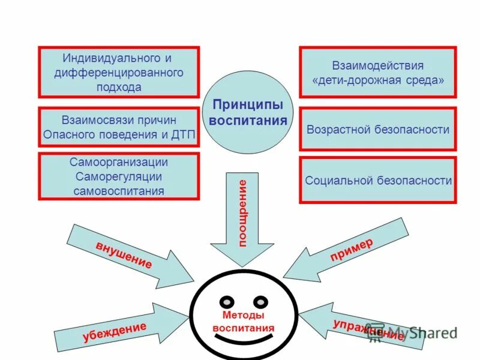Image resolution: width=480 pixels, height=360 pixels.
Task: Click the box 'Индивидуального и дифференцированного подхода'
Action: click(119, 72)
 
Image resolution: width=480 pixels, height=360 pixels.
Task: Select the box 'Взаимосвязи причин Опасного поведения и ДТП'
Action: click(119, 126)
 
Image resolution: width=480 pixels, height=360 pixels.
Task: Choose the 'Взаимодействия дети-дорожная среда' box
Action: click(378, 72)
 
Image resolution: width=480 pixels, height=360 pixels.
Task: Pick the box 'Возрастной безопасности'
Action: click(378, 130)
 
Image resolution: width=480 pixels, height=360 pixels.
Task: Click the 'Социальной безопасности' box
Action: click(378, 180)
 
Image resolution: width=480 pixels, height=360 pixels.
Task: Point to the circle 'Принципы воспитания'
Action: click(248, 113)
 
